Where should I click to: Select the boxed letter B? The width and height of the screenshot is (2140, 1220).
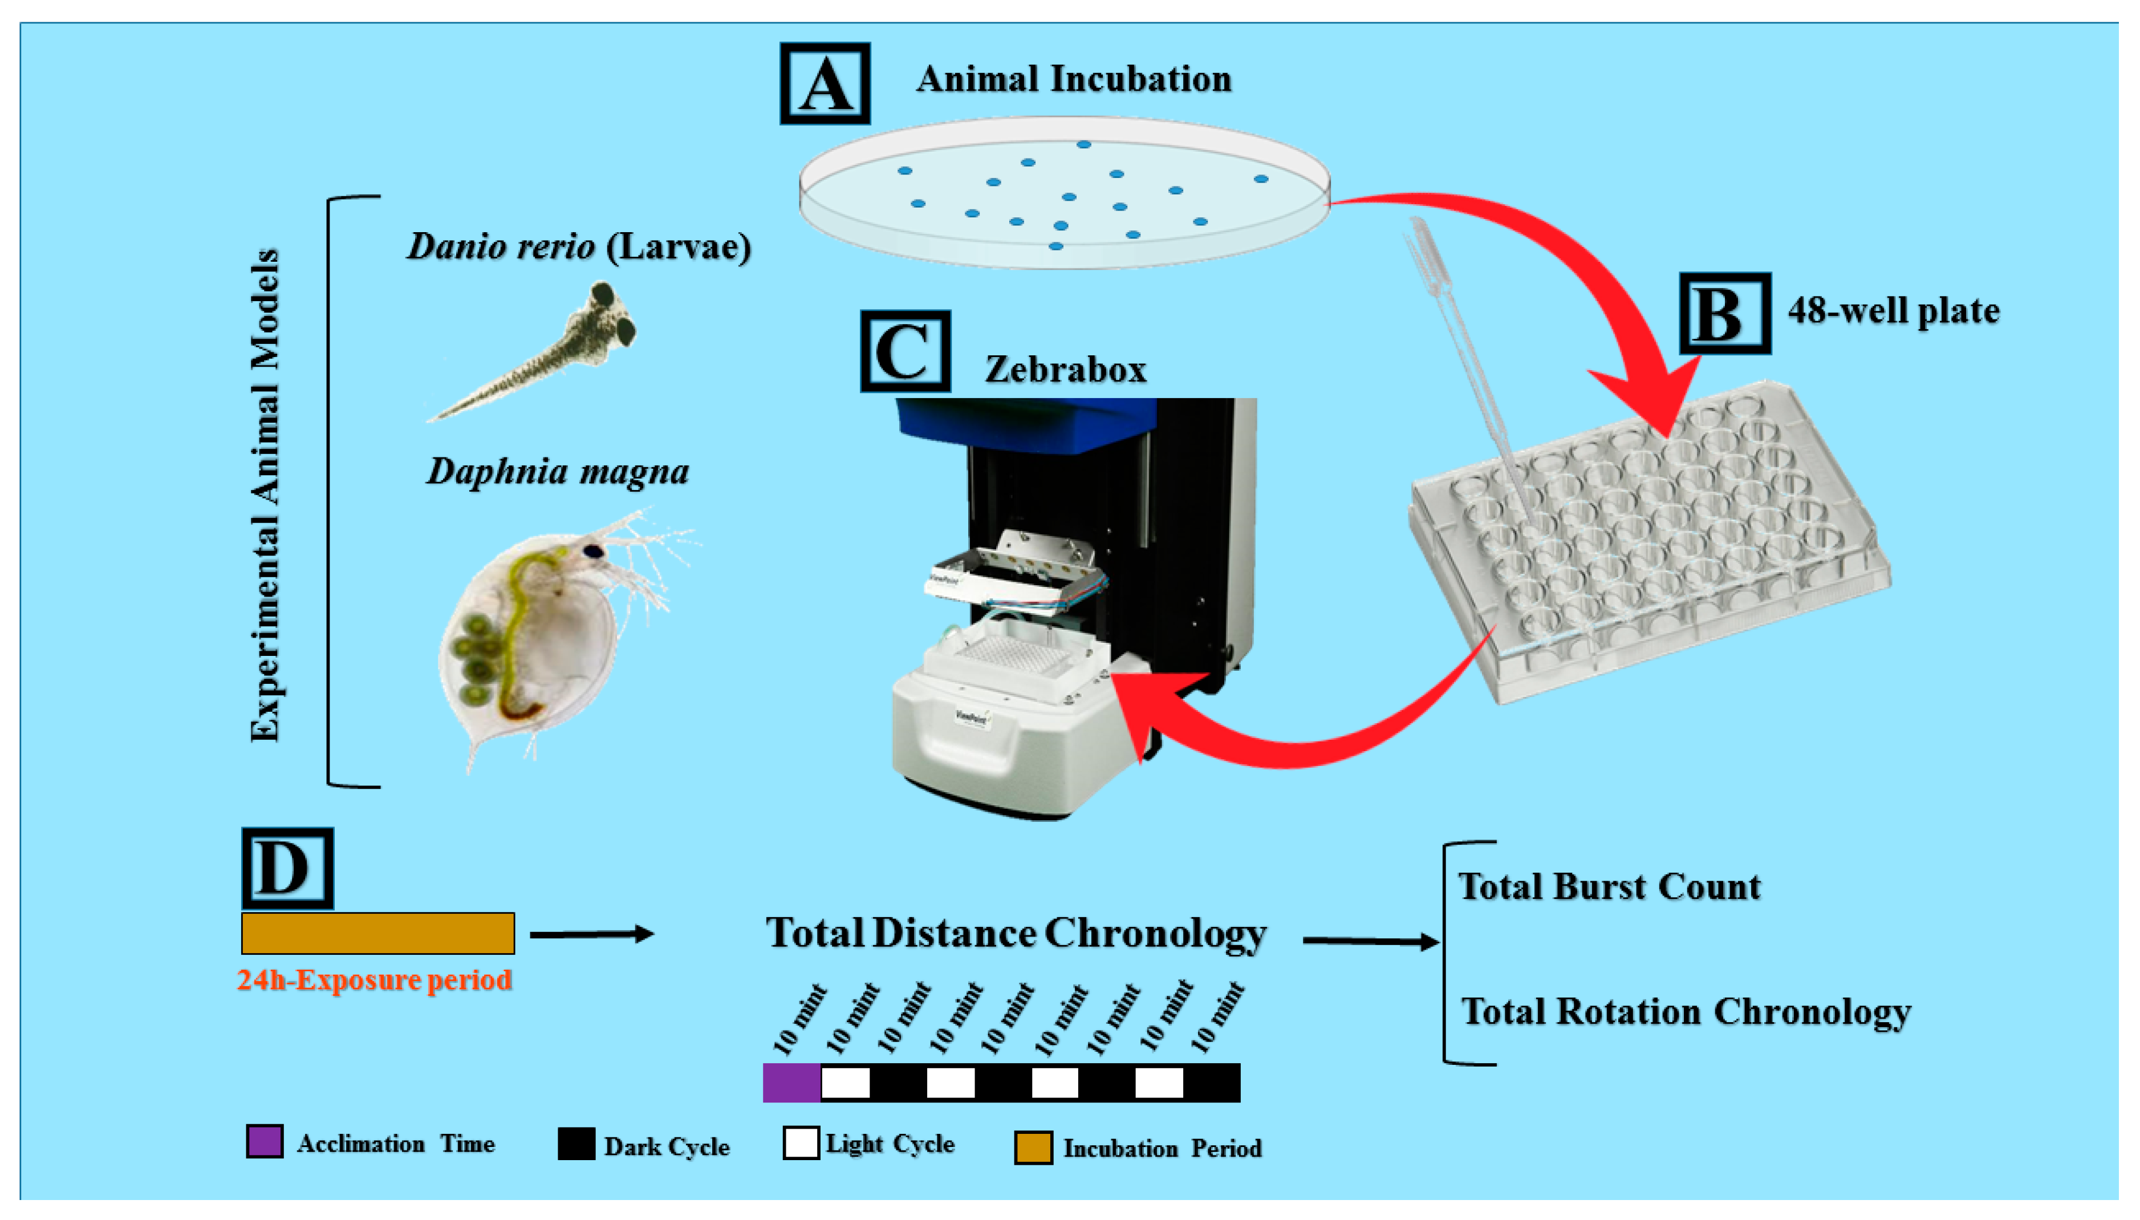1724,313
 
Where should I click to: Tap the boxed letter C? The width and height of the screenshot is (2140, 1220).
904,351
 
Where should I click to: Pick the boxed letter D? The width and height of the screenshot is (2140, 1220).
287,868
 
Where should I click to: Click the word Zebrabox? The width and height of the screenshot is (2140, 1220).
1065,370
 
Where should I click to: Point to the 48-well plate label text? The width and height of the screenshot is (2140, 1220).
1893,311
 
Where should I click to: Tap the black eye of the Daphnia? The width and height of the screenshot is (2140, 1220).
593,550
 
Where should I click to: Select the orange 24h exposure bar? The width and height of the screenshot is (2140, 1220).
377,933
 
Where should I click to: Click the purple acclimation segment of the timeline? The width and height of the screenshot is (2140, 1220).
791,1082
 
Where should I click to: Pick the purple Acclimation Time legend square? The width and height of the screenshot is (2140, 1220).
265,1141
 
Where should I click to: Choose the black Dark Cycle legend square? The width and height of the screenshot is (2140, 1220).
576,1143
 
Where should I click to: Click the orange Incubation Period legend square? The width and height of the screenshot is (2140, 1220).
1033,1147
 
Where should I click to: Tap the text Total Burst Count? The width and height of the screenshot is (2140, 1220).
1609,886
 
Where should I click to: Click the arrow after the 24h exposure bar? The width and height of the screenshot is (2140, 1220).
591,934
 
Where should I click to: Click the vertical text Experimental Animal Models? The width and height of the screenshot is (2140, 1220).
265,495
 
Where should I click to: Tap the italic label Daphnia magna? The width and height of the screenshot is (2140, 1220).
558,471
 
